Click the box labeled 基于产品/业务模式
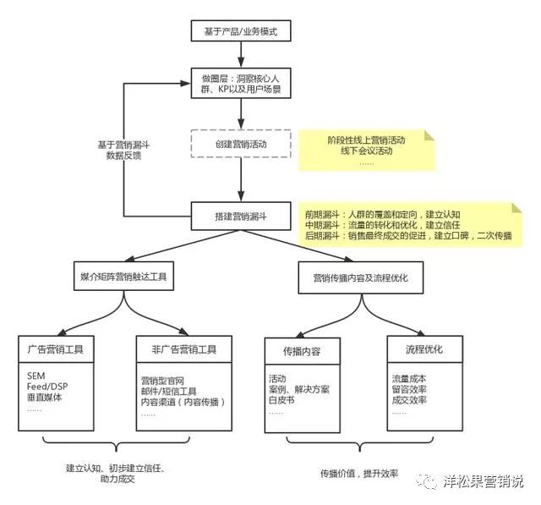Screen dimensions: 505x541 coord(242,32)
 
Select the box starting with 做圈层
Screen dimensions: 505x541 coord(242,84)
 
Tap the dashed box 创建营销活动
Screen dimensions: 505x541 coord(241,145)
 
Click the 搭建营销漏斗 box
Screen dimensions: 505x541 coord(241,216)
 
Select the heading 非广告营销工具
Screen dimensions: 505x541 coord(178,349)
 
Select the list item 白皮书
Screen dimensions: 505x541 coord(282,400)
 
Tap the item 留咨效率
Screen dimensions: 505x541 coord(409,389)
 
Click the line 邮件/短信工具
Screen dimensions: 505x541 coord(168,391)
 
